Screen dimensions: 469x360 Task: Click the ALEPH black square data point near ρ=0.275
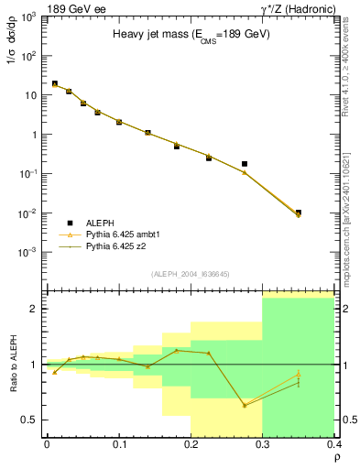point(245,164)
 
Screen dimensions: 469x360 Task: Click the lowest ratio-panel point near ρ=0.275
point(245,405)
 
